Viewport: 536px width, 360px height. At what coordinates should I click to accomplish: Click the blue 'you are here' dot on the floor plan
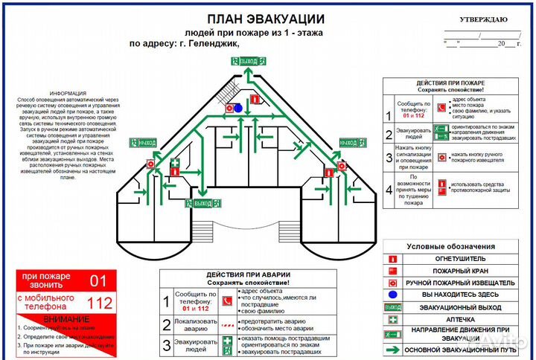tap(238, 108)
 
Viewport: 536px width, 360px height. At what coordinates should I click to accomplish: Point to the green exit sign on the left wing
tap(144, 142)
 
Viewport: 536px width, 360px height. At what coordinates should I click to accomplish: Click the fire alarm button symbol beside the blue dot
tap(229, 108)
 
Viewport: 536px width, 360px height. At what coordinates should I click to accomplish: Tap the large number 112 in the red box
tap(99, 303)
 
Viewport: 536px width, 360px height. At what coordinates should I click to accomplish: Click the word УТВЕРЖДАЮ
tap(483, 19)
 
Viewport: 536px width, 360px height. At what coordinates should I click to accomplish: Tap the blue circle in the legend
tap(392, 295)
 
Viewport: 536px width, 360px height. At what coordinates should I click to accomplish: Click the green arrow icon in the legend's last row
tap(392, 350)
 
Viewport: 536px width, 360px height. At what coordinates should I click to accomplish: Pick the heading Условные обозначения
tap(450, 246)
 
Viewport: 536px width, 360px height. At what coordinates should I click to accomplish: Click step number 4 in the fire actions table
tap(388, 189)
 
